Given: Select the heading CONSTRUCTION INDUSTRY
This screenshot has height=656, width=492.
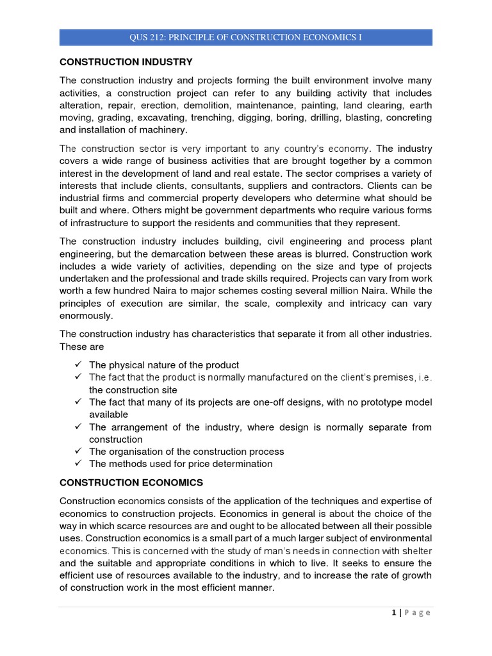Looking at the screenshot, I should (126, 62).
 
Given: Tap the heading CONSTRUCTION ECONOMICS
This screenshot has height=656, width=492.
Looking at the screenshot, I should (131, 482).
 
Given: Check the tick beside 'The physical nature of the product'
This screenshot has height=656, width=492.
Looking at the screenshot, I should (77, 365).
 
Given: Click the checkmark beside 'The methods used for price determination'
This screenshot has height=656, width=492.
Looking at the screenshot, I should (77, 463).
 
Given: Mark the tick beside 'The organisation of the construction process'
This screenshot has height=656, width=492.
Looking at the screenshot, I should (77, 451).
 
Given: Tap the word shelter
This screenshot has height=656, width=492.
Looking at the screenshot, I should (416, 550).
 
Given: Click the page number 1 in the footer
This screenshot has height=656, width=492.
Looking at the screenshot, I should (393, 613).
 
